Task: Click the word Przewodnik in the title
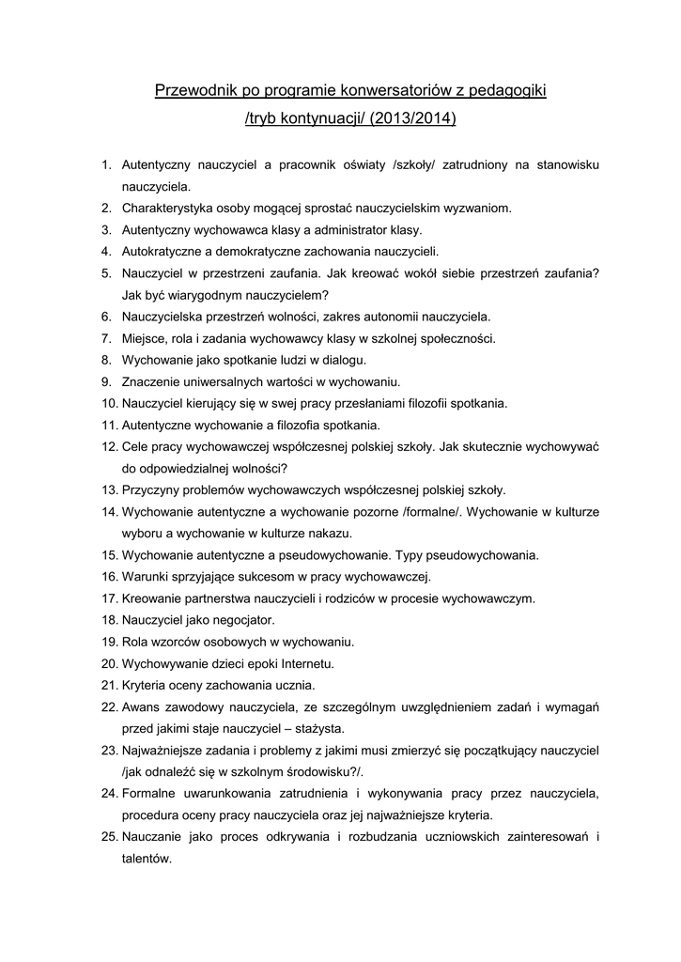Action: coord(193,91)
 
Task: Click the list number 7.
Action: coord(107,338)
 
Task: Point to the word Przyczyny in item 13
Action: coord(150,489)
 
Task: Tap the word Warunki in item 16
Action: coord(146,576)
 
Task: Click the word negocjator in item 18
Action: coord(241,619)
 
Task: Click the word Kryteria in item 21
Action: coord(144,684)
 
